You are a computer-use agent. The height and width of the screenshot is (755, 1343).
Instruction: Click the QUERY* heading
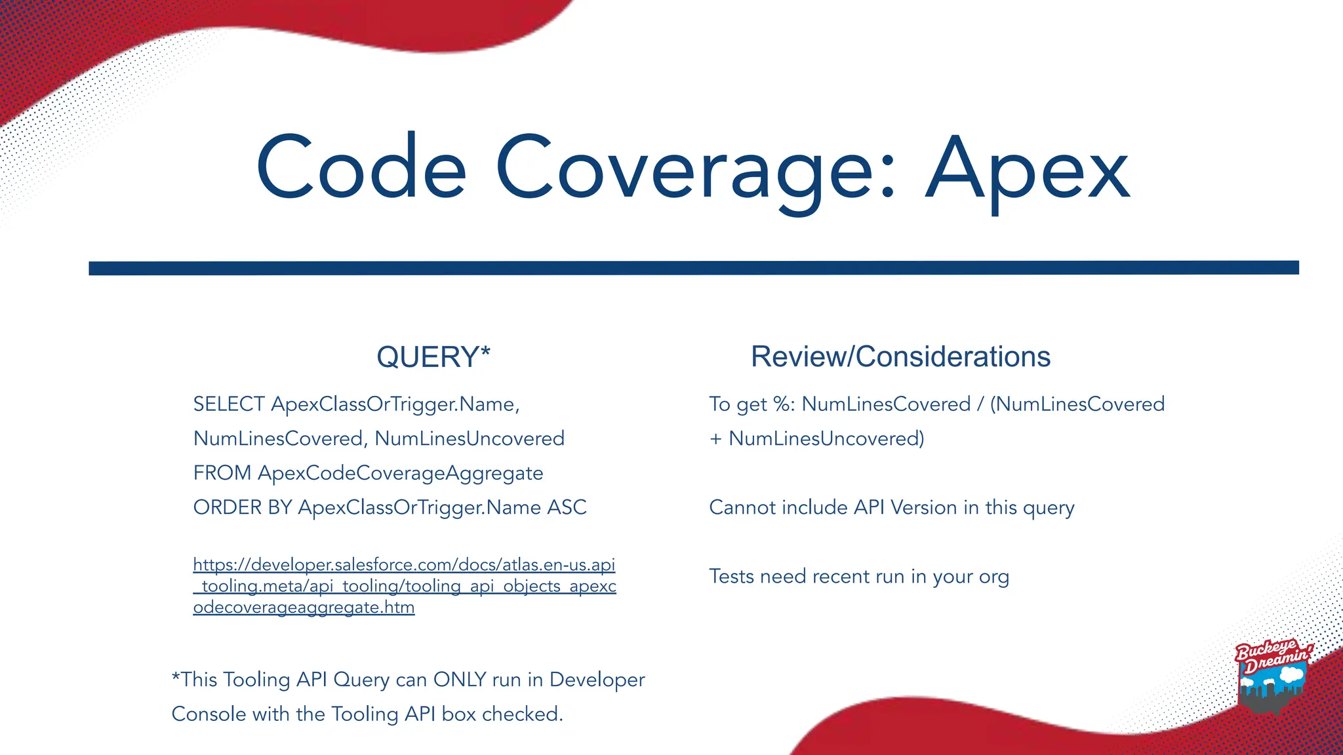pos(433,357)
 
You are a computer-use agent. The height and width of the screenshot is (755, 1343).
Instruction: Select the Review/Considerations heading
pos(900,357)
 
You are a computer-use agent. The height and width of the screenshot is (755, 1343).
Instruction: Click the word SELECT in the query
pos(229,404)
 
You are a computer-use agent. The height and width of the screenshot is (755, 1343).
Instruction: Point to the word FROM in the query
pos(222,473)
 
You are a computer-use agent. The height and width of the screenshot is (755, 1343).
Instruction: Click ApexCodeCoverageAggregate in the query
pos(400,473)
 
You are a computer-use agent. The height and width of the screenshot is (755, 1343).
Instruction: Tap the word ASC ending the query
pos(567,507)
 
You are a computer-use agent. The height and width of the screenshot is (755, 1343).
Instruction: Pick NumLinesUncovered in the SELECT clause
pos(470,438)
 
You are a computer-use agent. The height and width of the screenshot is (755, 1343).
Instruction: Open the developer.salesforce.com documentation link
pos(404,586)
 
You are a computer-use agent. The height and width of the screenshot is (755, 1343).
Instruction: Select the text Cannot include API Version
pos(833,507)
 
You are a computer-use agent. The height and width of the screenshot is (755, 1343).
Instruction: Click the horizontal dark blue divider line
pos(694,268)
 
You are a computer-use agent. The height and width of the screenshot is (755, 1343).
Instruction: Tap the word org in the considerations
pos(993,577)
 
